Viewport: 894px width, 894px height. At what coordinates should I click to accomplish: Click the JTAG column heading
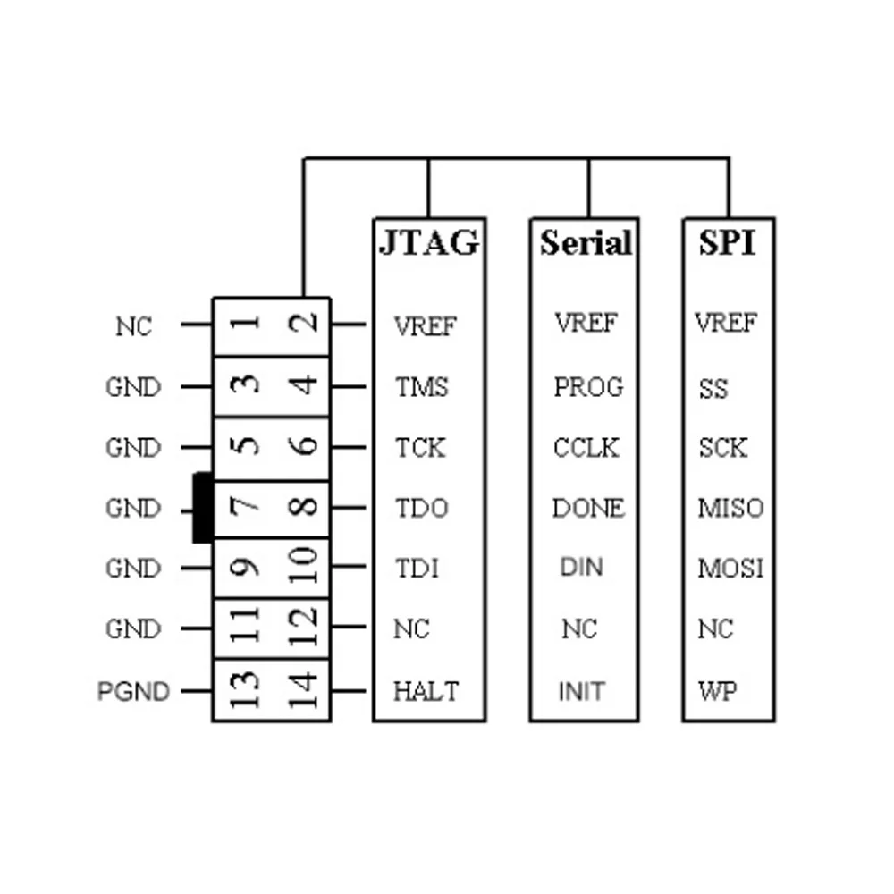[x=428, y=242]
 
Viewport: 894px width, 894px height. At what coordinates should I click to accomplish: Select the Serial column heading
[x=586, y=242]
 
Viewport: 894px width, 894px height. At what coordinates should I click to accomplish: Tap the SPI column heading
[x=727, y=242]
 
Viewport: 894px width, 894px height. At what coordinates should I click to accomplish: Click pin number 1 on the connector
[x=244, y=324]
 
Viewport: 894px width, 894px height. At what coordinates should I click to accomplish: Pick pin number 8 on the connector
[x=305, y=507]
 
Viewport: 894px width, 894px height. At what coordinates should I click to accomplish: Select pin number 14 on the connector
[x=305, y=689]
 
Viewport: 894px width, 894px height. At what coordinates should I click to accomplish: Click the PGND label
[x=133, y=691]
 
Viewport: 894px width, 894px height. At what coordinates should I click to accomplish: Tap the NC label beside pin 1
[x=134, y=326]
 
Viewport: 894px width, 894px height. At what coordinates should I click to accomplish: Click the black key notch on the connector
[x=202, y=507]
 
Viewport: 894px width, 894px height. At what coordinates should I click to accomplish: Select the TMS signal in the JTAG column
[x=422, y=387]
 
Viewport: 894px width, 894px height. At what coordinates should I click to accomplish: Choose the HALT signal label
[x=426, y=691]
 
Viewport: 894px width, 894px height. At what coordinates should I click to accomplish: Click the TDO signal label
[x=422, y=509]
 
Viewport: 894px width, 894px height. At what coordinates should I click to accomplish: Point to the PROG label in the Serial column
[x=587, y=387]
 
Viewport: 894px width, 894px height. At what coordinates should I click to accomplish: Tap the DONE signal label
[x=587, y=509]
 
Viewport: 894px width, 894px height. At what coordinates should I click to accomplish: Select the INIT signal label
[x=581, y=691]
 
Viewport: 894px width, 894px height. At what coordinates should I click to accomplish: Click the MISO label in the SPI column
[x=730, y=509]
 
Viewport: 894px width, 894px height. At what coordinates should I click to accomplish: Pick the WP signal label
[x=719, y=691]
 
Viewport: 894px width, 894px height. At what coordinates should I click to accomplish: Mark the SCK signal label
[x=722, y=447]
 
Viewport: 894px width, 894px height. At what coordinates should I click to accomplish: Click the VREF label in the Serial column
[x=586, y=323]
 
